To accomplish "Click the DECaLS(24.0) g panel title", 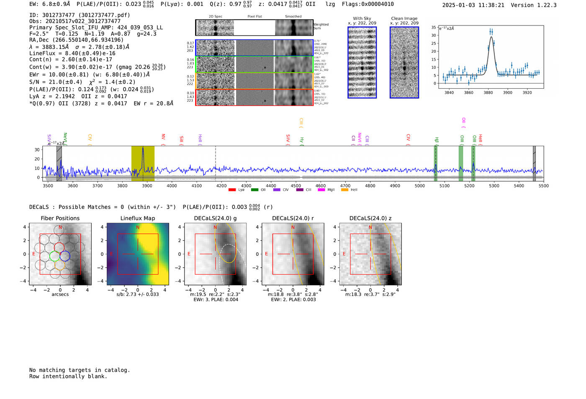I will point(215,218).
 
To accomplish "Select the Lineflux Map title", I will point(138,218).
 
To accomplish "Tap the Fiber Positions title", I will point(60,218).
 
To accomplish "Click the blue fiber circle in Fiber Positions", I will point(65,255).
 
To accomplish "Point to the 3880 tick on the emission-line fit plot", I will point(488,93).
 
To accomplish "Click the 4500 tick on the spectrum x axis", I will point(296,186).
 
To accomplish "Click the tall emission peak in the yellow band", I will point(143,148).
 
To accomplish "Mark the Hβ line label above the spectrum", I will point(437,140).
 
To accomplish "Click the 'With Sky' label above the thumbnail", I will point(362,18).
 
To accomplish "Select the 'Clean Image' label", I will point(404,18).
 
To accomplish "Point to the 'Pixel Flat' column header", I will point(254,16).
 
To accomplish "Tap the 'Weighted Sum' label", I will point(321,26).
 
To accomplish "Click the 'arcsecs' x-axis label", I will point(60,294).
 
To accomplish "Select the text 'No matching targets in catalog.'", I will point(80,370).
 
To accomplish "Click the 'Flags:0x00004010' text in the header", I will point(368,4).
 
